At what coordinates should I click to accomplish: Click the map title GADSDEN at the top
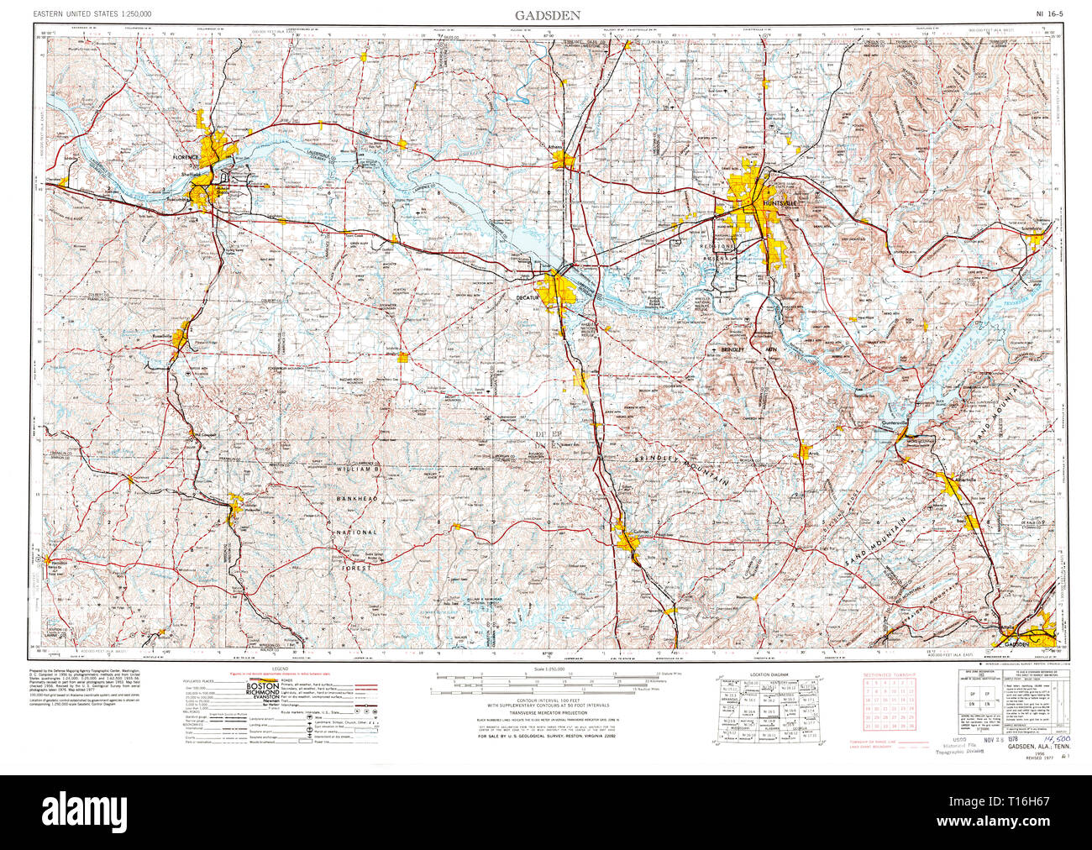tap(547, 15)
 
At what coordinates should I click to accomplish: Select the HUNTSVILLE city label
tap(773, 203)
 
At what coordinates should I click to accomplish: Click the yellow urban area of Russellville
tap(181, 338)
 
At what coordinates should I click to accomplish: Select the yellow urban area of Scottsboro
tap(1036, 240)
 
